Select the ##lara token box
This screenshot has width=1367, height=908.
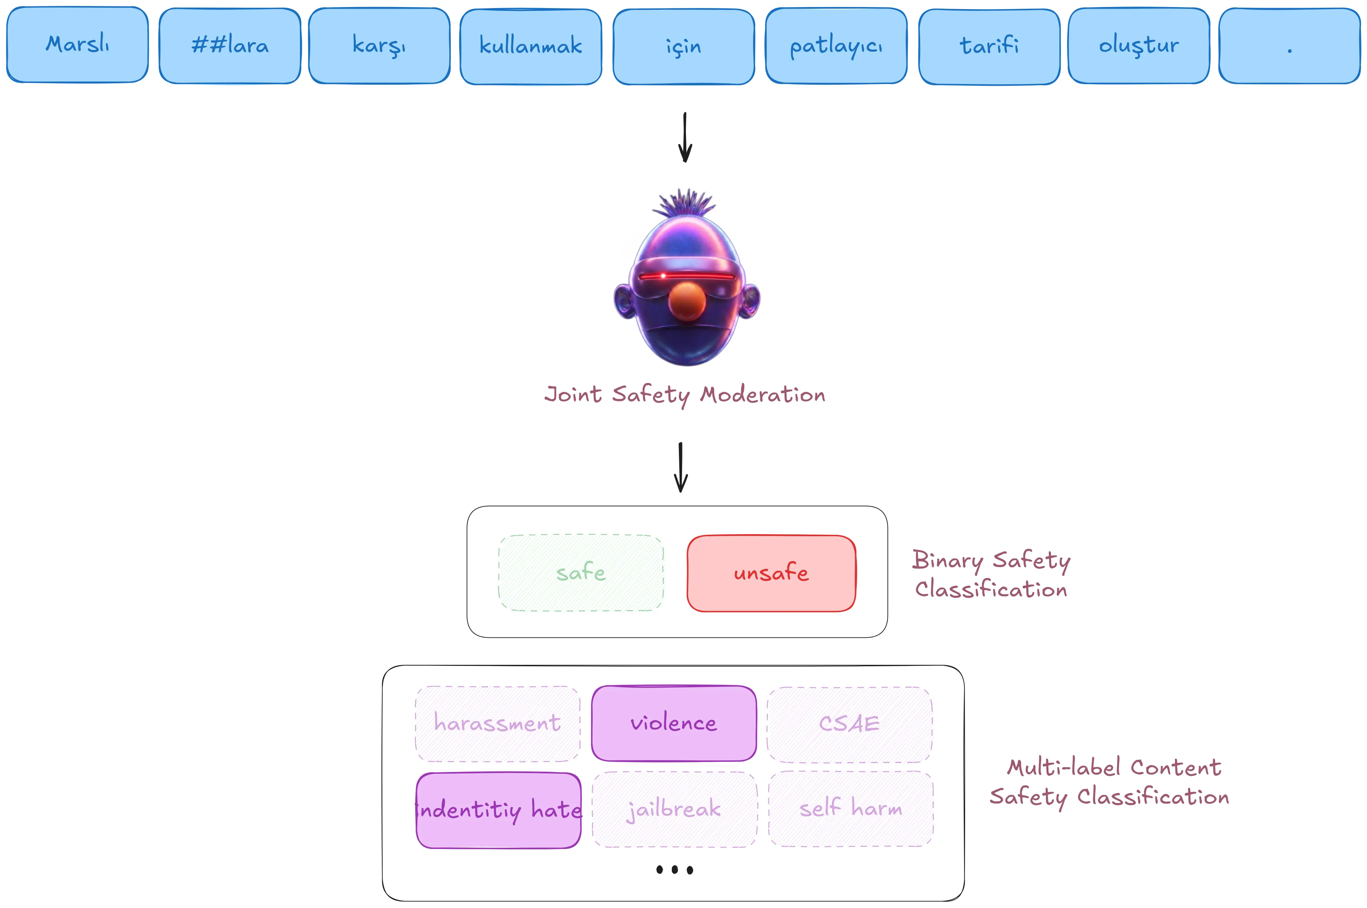click(230, 46)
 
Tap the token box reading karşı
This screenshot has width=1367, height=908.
click(379, 45)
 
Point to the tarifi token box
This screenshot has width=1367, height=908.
click(989, 46)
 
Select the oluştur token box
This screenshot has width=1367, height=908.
click(1139, 46)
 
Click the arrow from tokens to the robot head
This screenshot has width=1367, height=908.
click(685, 137)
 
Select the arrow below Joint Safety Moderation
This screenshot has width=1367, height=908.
click(681, 467)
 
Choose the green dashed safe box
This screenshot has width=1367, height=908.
click(581, 573)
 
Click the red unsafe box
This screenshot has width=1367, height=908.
click(771, 573)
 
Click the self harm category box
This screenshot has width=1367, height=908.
click(851, 809)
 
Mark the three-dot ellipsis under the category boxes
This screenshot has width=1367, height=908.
click(675, 870)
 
